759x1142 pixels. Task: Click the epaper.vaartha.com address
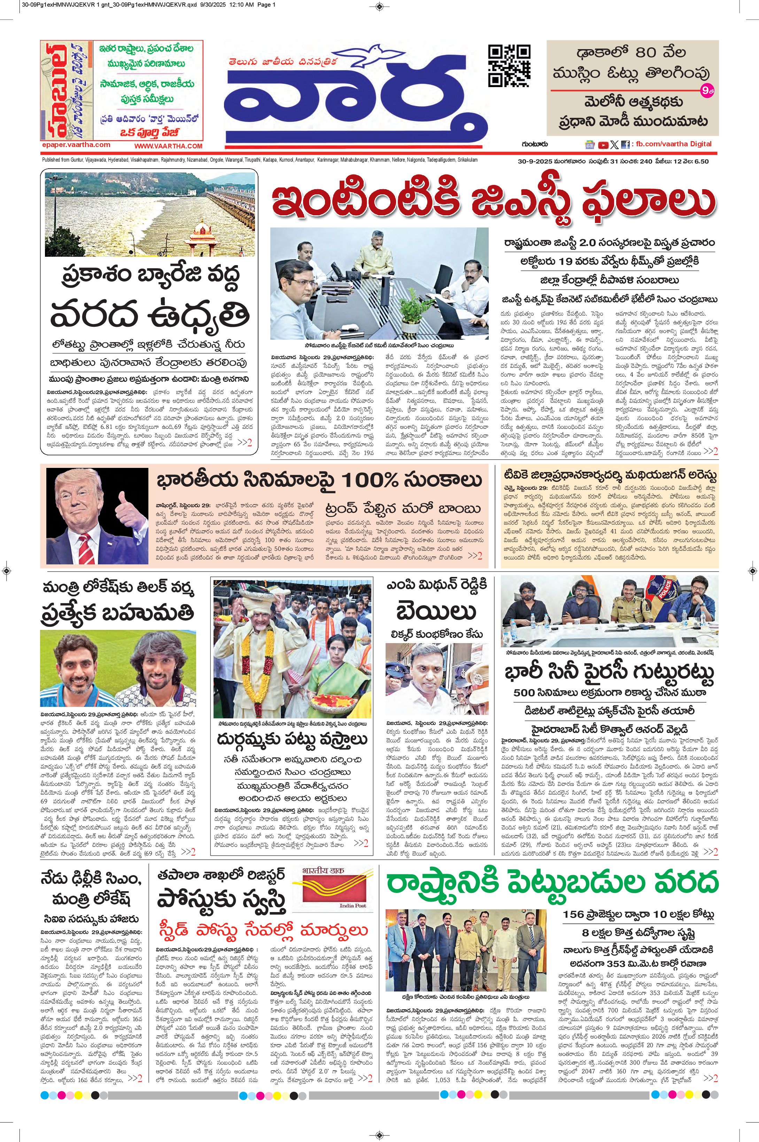click(76, 145)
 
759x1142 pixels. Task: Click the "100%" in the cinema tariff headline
click(369, 480)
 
